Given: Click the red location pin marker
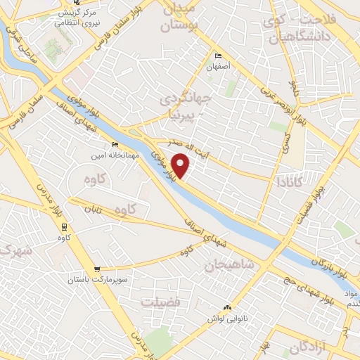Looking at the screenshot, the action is [181, 165].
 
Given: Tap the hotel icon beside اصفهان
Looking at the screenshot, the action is [217, 56].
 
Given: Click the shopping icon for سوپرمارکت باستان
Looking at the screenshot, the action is [96, 269].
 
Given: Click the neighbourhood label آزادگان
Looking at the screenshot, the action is [309, 347].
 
